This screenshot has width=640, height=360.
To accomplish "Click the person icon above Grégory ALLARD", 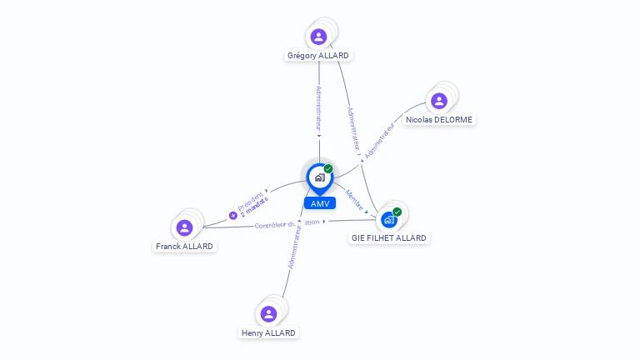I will [318, 37].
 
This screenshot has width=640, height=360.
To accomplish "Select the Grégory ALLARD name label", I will [318, 56].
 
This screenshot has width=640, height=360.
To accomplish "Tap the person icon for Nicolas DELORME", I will [439, 101].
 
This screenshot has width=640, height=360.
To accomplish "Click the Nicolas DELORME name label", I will [439, 119].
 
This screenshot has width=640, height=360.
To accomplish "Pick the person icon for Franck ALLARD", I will [185, 227].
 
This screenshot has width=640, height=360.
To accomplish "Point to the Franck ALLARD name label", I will [185, 247].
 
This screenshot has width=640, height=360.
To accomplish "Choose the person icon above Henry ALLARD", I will [268, 314].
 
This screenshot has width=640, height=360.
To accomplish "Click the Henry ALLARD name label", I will [268, 332].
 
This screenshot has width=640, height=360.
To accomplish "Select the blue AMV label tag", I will [319, 203].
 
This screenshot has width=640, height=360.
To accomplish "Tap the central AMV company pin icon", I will [319, 177].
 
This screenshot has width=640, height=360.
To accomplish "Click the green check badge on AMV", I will [328, 169].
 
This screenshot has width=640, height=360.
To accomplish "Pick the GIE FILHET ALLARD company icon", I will [388, 220].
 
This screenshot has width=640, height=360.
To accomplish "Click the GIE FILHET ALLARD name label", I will [389, 238].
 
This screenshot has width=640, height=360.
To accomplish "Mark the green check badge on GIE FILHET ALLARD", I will [397, 212].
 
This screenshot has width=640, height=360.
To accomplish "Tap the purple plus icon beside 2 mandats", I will [233, 215].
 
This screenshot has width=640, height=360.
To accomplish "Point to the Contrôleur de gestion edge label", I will [287, 223].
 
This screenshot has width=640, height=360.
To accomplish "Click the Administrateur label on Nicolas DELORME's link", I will [379, 140].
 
